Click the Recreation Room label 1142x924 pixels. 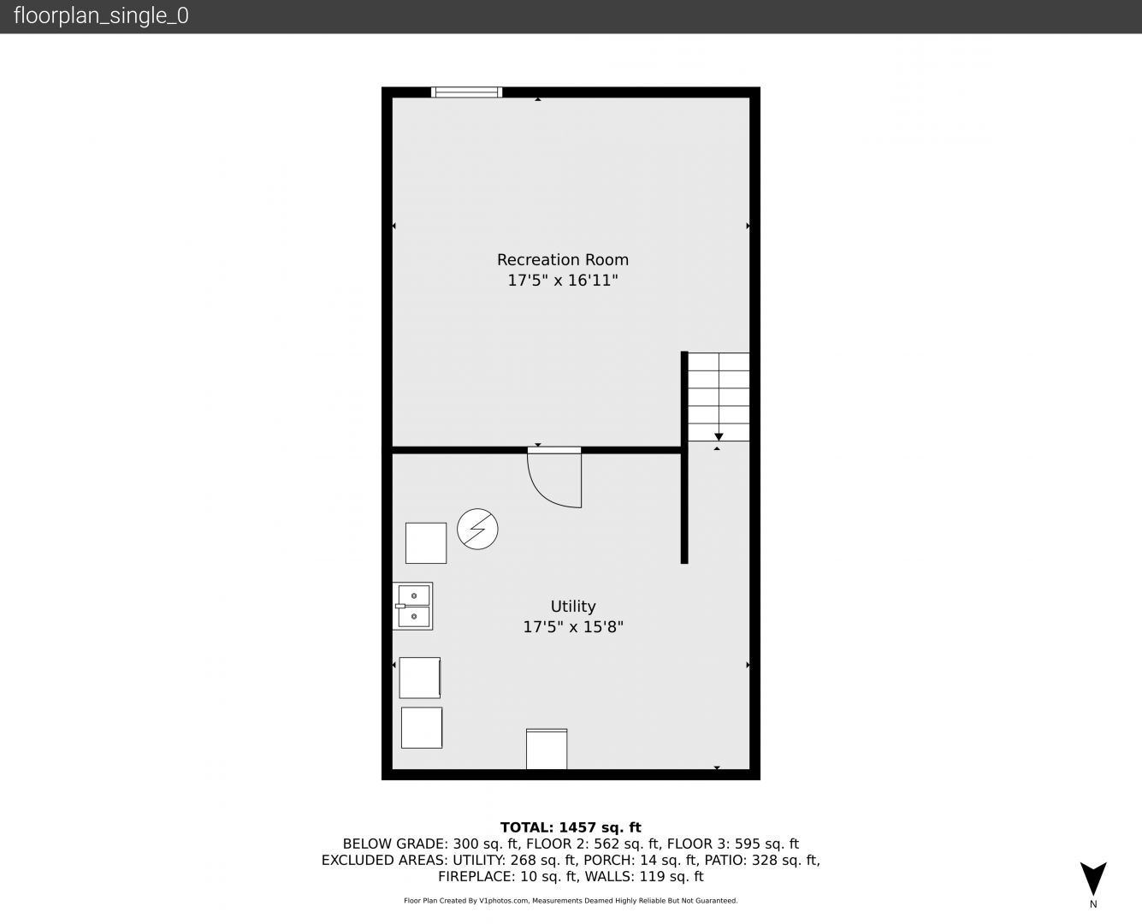point(562,260)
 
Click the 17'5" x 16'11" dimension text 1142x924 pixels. point(562,281)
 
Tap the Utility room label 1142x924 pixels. point(573,607)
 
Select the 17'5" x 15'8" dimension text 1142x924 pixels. point(573,627)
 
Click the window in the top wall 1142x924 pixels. point(466,92)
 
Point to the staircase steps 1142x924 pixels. point(719,397)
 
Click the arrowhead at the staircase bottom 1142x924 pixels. point(719,437)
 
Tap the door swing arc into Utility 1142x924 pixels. point(544,494)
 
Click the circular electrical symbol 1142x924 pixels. point(477,529)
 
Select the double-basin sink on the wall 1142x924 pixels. point(413,606)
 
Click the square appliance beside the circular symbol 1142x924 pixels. point(426,543)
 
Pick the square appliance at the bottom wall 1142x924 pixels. point(547,749)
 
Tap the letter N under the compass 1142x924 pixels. point(1093,904)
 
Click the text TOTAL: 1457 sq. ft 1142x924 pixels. point(571,827)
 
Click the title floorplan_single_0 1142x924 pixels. point(101,15)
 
